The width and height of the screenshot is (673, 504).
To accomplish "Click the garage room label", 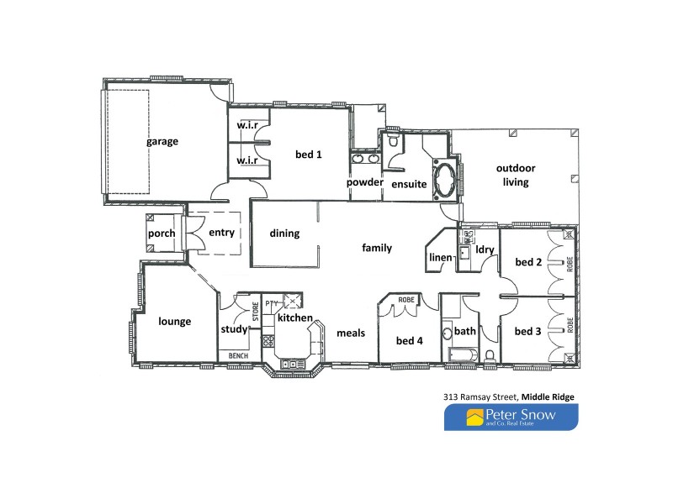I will pos(162,142).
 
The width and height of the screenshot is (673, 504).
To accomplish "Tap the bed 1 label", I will pos(308,155).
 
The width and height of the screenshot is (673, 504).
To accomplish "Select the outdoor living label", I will pos(515,175).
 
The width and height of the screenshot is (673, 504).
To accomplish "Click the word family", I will pos(376,248).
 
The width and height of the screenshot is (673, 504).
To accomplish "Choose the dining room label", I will pos(284,234).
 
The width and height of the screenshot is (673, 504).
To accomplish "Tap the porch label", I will pos(161,234).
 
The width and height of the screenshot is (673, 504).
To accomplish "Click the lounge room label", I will pos(175,321).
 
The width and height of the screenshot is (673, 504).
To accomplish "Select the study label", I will pos(234,329).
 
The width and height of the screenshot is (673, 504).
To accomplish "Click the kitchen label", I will pos(295,319).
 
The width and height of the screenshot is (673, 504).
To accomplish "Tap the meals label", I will pos(351,333).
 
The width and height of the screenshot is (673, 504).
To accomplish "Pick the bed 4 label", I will pos(409,340).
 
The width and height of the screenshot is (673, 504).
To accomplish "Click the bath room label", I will pos(465,331).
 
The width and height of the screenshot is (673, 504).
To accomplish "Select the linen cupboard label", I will pos(440,257).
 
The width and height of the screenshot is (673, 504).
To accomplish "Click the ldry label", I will pos(484,249).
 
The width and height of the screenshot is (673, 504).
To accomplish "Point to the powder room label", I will pos(365,182).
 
